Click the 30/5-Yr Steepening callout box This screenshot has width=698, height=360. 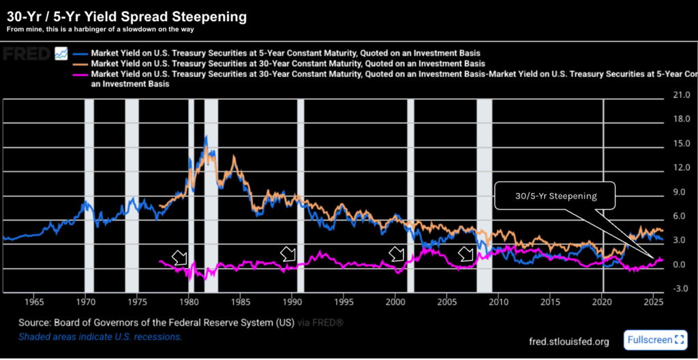pyautogui.click(x=556, y=196)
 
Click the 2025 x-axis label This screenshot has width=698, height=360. pyautogui.click(x=654, y=301)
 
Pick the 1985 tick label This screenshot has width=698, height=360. pyautogui.click(x=241, y=301)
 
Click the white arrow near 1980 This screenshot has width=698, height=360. pyautogui.click(x=180, y=258)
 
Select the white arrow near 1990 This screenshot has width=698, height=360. pyautogui.click(x=289, y=254)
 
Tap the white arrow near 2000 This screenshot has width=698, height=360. pyautogui.click(x=396, y=254)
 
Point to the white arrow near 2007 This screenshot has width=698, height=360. pyautogui.click(x=466, y=254)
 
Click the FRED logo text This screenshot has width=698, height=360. pyautogui.click(x=25, y=53)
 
